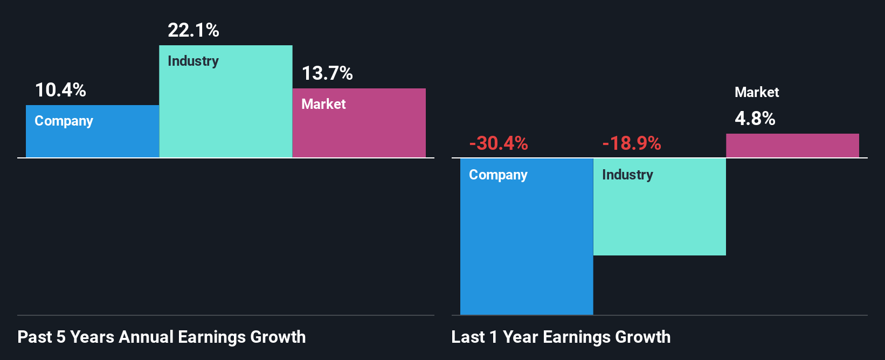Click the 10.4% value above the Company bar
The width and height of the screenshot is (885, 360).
pos(60,90)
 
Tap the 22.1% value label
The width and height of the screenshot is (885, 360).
pos(193,30)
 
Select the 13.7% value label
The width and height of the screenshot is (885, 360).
pos(327,73)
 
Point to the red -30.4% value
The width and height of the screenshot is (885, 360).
pos(499,143)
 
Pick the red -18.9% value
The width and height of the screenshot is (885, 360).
pos(632,143)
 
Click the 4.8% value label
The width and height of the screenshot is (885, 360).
pos(755,119)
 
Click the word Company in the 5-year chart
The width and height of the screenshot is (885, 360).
pos(64,121)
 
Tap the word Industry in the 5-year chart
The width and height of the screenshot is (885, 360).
pos(193,61)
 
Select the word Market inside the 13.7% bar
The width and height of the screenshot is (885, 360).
pos(323,104)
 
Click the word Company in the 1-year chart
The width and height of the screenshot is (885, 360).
pos(498,175)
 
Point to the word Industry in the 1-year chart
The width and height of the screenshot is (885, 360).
pos(627,175)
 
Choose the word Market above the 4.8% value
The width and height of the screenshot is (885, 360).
pos(757,92)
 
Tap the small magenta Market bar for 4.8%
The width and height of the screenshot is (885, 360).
pos(792,146)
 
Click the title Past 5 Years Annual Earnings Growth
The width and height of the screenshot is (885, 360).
pos(162,337)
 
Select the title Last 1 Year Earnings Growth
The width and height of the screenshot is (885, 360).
pos(561,337)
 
